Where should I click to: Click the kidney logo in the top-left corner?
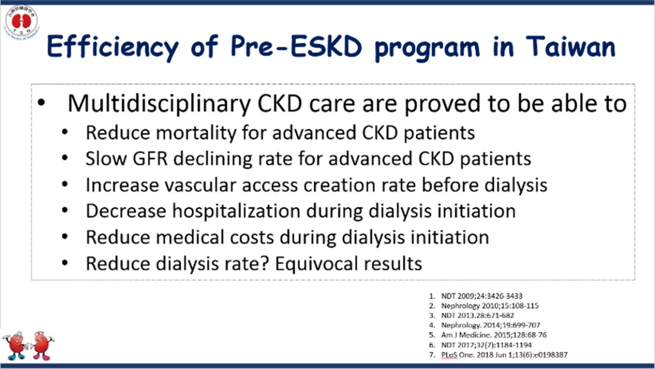tap(21, 21)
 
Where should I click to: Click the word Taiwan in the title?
tap(571, 47)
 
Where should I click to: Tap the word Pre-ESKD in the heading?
tap(296, 47)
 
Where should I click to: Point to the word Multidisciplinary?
tap(159, 104)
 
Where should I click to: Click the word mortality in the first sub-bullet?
tap(196, 133)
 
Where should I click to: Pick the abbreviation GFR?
tap(150, 158)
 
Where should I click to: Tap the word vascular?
tap(200, 185)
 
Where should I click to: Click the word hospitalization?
tap(236, 211)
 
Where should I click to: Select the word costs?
tap(252, 237)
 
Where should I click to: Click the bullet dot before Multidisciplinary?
tap(41, 103)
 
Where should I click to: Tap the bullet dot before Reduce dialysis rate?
tap(65, 263)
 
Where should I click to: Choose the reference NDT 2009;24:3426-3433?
tap(482, 296)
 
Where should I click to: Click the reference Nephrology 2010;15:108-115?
tap(490, 306)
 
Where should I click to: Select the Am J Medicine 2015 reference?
tap(494, 335)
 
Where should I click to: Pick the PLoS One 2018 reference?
tap(504, 355)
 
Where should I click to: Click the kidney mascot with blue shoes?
tap(15, 346)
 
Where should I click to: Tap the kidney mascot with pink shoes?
tap(42, 346)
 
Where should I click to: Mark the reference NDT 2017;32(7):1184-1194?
tap(486, 345)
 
